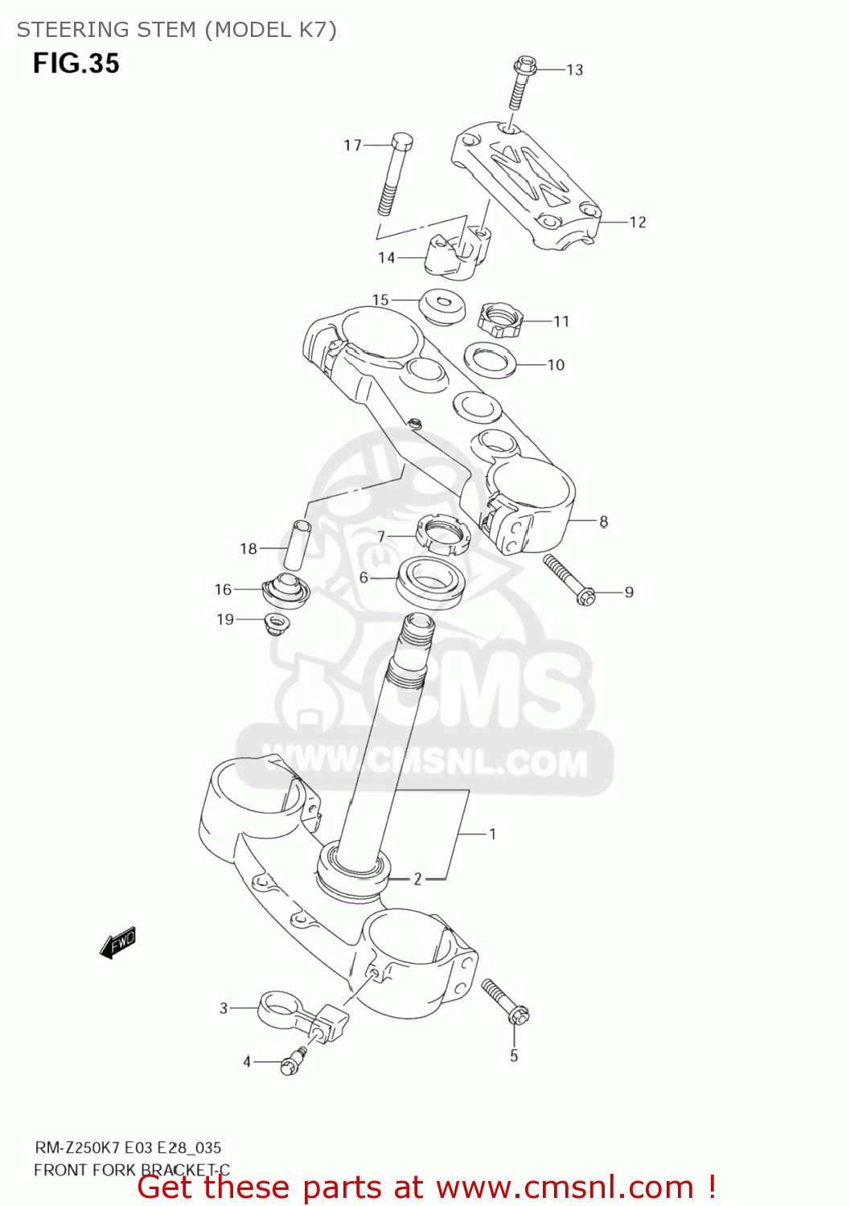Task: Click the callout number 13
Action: pos(574,70)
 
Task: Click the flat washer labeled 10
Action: pos(491,359)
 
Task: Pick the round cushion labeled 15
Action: pos(443,306)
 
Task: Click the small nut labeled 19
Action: pos(277,622)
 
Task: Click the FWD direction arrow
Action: pos(117,941)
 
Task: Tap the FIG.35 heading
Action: pos(76,63)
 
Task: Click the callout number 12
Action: pos(638,222)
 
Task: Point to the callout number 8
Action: pos(603,522)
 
